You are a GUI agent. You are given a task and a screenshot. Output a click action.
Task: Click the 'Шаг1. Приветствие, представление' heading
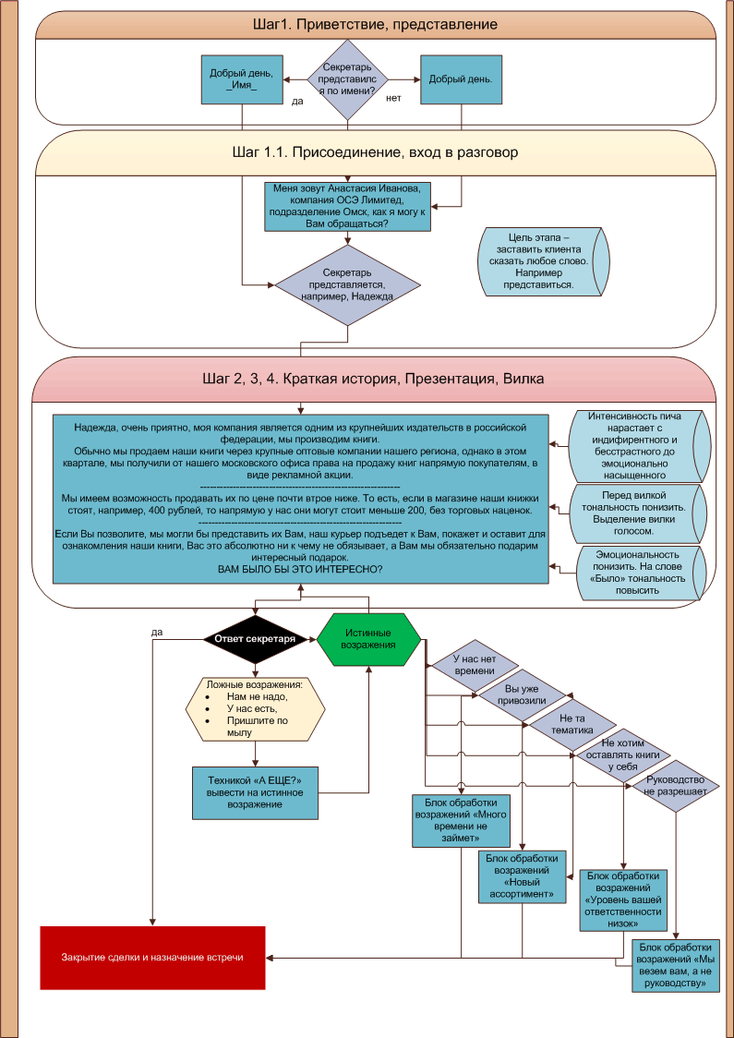click(374, 25)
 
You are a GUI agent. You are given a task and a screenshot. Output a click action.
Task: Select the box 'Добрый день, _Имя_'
click(242, 79)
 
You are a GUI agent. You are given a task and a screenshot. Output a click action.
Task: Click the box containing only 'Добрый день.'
click(461, 79)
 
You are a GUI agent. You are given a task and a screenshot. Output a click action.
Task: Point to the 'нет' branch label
click(393, 97)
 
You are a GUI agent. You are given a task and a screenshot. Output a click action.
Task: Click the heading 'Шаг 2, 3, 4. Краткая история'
click(374, 379)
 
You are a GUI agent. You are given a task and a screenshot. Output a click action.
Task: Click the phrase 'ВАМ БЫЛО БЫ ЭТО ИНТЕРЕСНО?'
click(300, 569)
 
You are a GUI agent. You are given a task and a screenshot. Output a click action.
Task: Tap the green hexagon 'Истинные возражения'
click(368, 638)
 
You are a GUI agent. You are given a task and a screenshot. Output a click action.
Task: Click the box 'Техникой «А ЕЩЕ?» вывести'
click(255, 792)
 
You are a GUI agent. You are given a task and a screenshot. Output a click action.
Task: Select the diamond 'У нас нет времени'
click(475, 665)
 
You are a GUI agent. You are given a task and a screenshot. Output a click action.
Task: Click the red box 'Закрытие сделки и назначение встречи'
click(152, 958)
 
